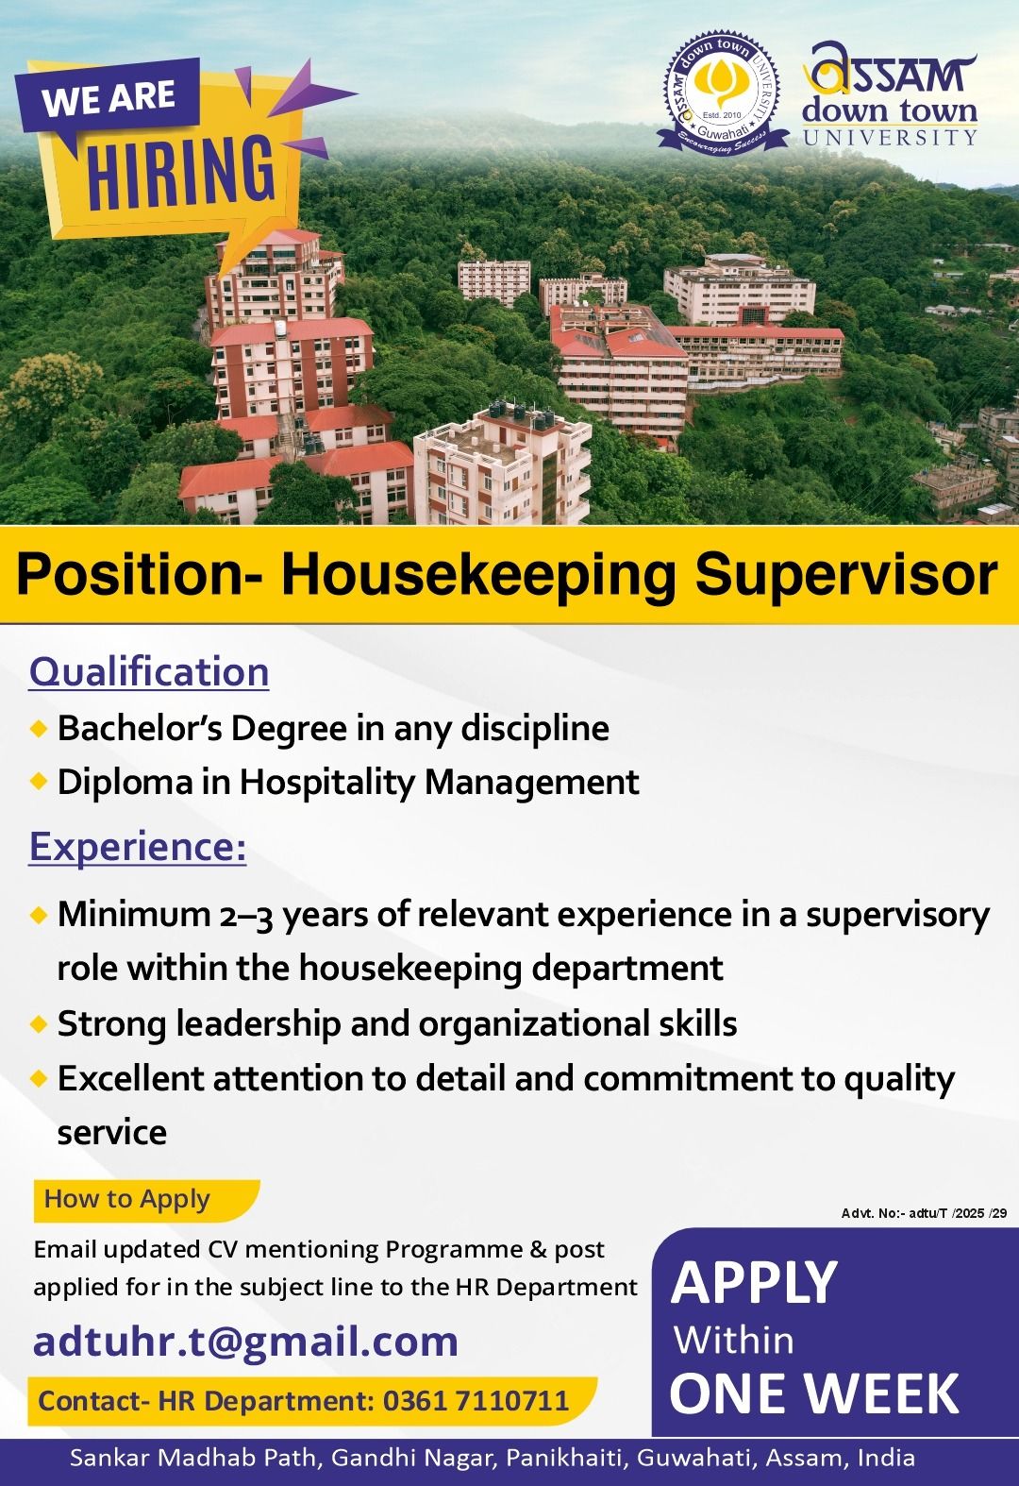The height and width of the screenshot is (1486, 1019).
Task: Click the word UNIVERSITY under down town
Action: point(891,137)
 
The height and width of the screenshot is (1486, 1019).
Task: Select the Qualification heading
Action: point(149,671)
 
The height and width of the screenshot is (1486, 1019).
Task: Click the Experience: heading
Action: point(138,847)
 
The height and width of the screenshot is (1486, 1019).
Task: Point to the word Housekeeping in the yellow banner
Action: point(478,575)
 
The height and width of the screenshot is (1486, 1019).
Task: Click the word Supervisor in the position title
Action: point(846,575)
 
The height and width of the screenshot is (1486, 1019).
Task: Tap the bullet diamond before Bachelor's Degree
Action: point(39,729)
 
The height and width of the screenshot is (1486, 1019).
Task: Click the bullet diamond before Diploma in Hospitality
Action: point(39,782)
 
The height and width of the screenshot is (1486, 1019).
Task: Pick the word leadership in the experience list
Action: point(259,1023)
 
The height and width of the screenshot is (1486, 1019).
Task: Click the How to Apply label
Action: point(126,1199)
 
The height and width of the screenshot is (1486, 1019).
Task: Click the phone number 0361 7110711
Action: point(476,1400)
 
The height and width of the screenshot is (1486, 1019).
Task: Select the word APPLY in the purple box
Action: point(753,1284)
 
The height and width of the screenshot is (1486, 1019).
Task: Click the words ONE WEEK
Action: point(815,1393)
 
